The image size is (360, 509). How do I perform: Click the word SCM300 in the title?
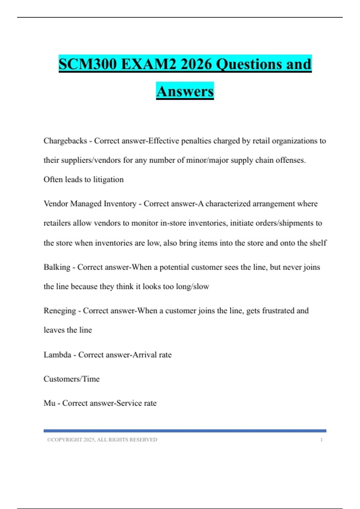[88, 64]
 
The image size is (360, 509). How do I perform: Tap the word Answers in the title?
[185, 92]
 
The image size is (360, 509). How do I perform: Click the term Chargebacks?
[65, 141]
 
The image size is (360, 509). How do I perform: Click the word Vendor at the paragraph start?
[56, 204]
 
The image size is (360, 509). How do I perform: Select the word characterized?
[228, 204]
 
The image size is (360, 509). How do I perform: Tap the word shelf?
[318, 243]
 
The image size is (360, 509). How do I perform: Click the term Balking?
[57, 267]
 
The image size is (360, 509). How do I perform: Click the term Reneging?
[60, 311]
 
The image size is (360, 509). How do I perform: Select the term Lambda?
[57, 355]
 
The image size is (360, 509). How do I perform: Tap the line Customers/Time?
[71, 379]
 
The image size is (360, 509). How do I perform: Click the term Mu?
[49, 403]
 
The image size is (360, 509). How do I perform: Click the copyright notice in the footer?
[102, 440]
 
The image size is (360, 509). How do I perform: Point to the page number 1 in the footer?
[321, 440]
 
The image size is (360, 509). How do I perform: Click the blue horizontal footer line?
[185, 431]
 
